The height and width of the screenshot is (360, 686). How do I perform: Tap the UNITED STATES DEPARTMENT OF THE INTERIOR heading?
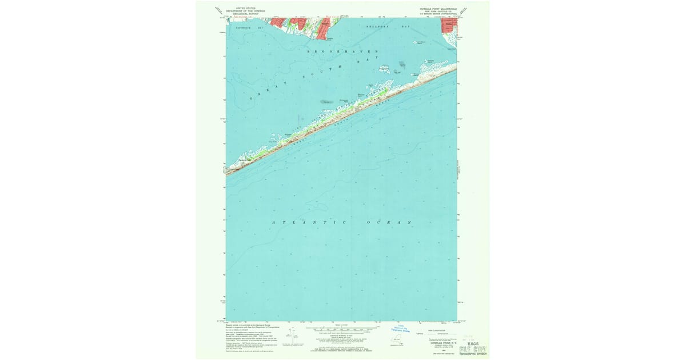(246, 9)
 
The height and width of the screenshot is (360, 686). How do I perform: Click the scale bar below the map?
(341, 329)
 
